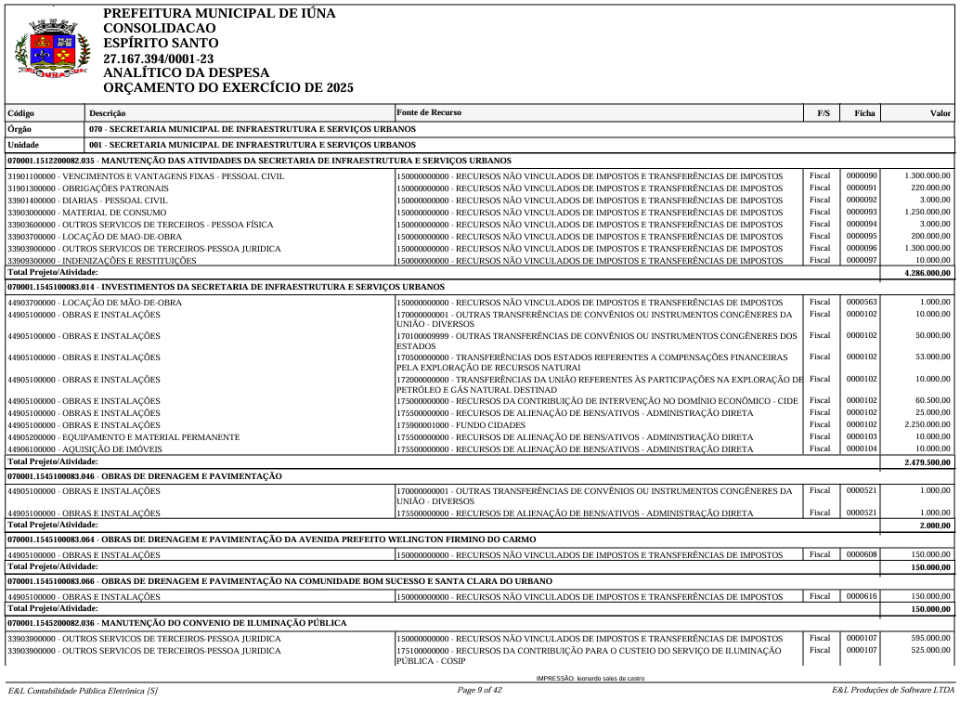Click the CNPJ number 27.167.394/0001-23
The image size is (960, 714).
click(x=158, y=58)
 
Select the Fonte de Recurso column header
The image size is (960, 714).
click(x=428, y=112)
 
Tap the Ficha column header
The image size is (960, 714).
click(x=864, y=113)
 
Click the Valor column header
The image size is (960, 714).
click(x=941, y=113)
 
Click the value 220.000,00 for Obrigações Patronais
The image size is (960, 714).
click(x=928, y=188)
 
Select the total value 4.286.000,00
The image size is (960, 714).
click(x=928, y=273)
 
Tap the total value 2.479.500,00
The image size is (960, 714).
click(x=928, y=461)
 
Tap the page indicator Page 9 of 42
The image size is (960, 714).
click(x=480, y=690)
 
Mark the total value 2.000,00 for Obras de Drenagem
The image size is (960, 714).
click(x=935, y=526)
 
